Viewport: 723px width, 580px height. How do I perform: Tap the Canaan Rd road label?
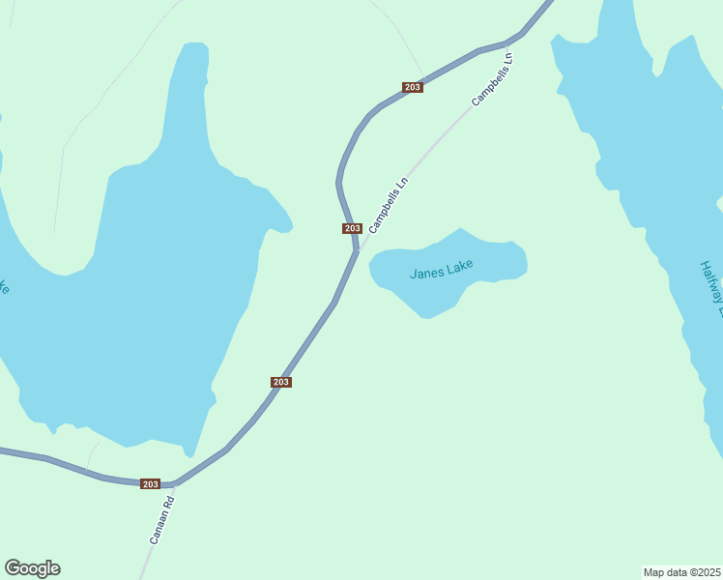click(x=160, y=520)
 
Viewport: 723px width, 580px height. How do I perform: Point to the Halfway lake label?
click(x=712, y=288)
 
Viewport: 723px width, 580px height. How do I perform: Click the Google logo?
click(x=32, y=568)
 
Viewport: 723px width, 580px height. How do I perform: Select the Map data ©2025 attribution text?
click(x=682, y=572)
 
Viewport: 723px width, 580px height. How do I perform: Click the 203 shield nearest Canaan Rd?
click(x=150, y=483)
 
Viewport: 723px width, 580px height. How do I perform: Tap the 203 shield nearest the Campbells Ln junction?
click(x=352, y=228)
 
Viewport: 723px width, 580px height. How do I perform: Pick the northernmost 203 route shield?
click(x=413, y=87)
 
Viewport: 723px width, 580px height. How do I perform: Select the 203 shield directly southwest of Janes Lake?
click(x=280, y=382)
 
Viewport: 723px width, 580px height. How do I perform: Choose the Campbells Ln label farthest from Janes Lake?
click(x=492, y=78)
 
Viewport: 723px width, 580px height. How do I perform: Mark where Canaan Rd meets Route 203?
click(x=175, y=483)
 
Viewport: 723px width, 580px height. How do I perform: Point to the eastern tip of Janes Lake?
click(x=526, y=261)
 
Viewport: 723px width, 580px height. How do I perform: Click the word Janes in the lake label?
click(x=426, y=273)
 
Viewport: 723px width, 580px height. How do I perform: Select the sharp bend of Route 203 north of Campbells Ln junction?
click(x=338, y=179)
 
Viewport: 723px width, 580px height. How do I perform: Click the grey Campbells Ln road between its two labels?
click(x=440, y=140)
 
